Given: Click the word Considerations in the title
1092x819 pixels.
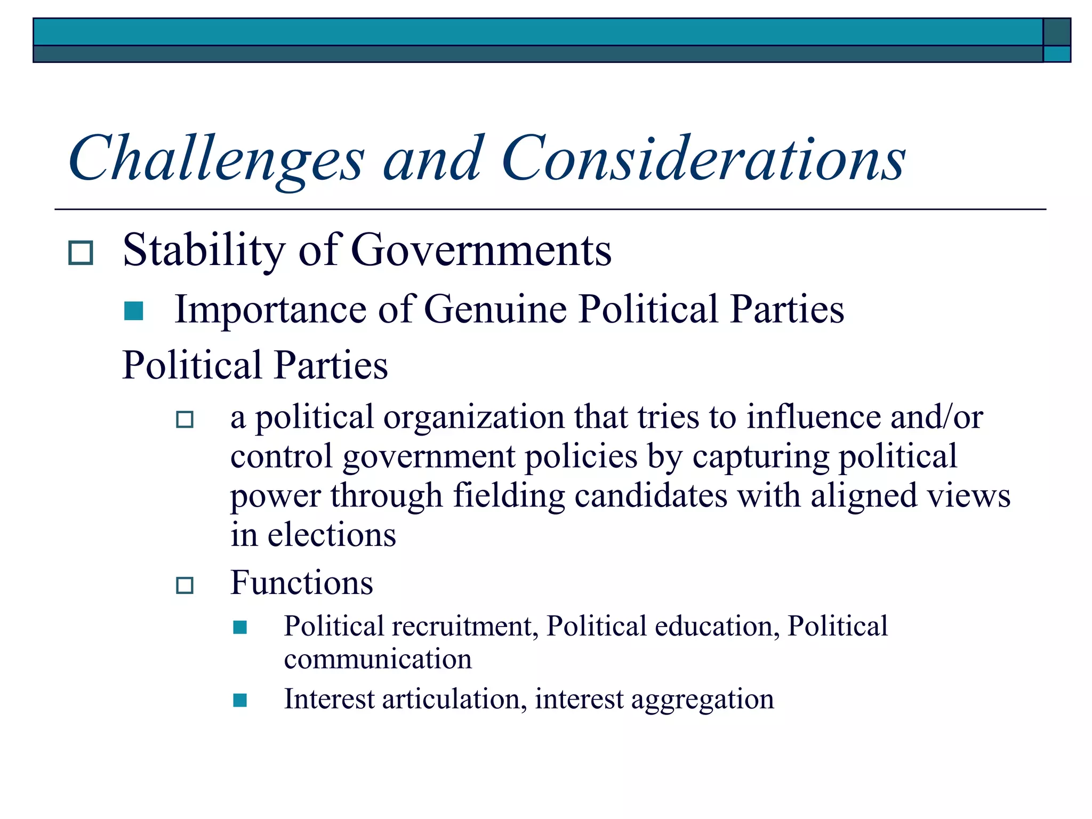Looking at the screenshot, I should (x=703, y=158).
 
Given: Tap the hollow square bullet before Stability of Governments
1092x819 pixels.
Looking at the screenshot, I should (x=81, y=253).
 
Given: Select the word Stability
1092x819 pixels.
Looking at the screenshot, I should (x=204, y=251).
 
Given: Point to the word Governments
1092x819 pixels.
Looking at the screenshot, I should (x=481, y=250).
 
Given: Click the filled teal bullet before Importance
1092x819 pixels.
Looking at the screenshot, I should (x=133, y=311).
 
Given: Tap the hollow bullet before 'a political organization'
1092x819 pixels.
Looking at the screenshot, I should (x=184, y=420).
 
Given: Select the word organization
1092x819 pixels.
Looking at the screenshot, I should (x=473, y=417).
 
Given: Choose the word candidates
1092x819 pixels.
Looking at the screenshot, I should (x=651, y=496).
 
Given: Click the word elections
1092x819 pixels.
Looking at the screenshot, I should (x=332, y=535).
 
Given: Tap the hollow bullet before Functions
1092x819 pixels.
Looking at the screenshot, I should (x=184, y=585).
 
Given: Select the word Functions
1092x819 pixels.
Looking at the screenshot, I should (x=302, y=583).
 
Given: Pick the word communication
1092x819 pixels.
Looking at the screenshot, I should (x=378, y=660).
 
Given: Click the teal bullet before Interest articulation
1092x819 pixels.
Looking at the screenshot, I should (x=240, y=700).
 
